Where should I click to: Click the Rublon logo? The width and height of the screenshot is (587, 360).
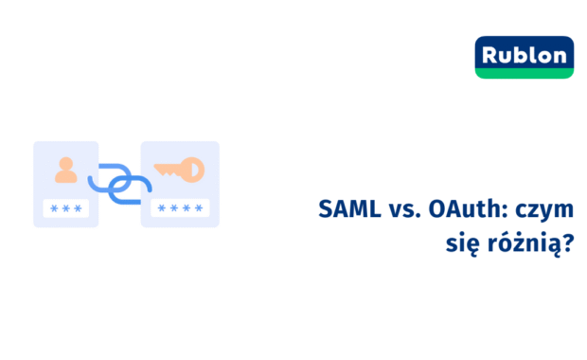click(x=525, y=55)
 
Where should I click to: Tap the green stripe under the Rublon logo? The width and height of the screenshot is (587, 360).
click(x=525, y=73)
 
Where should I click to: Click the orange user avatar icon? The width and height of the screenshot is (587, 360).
click(x=65, y=171)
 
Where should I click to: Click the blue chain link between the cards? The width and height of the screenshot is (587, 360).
click(x=120, y=182)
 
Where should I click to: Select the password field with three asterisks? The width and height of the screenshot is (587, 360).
click(x=65, y=209)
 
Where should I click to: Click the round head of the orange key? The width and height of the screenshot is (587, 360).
click(x=193, y=171)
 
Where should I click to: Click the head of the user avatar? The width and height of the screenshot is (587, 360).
click(x=65, y=163)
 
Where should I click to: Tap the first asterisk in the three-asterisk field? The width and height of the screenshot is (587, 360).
click(x=53, y=209)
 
